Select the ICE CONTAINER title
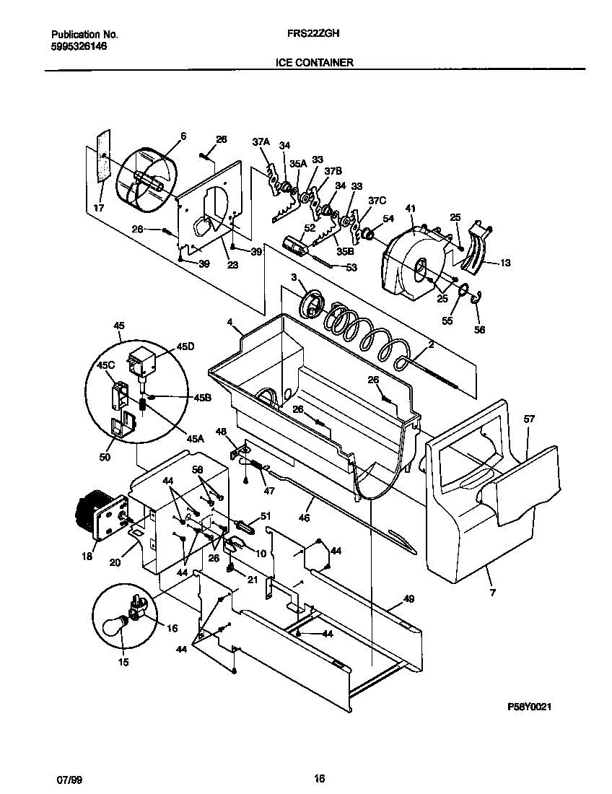[x=314, y=63]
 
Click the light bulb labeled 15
[x=113, y=624]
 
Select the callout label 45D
[x=185, y=346]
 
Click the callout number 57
[x=529, y=419]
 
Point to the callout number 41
[x=411, y=209]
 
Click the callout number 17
[x=100, y=208]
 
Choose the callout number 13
[x=504, y=263]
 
